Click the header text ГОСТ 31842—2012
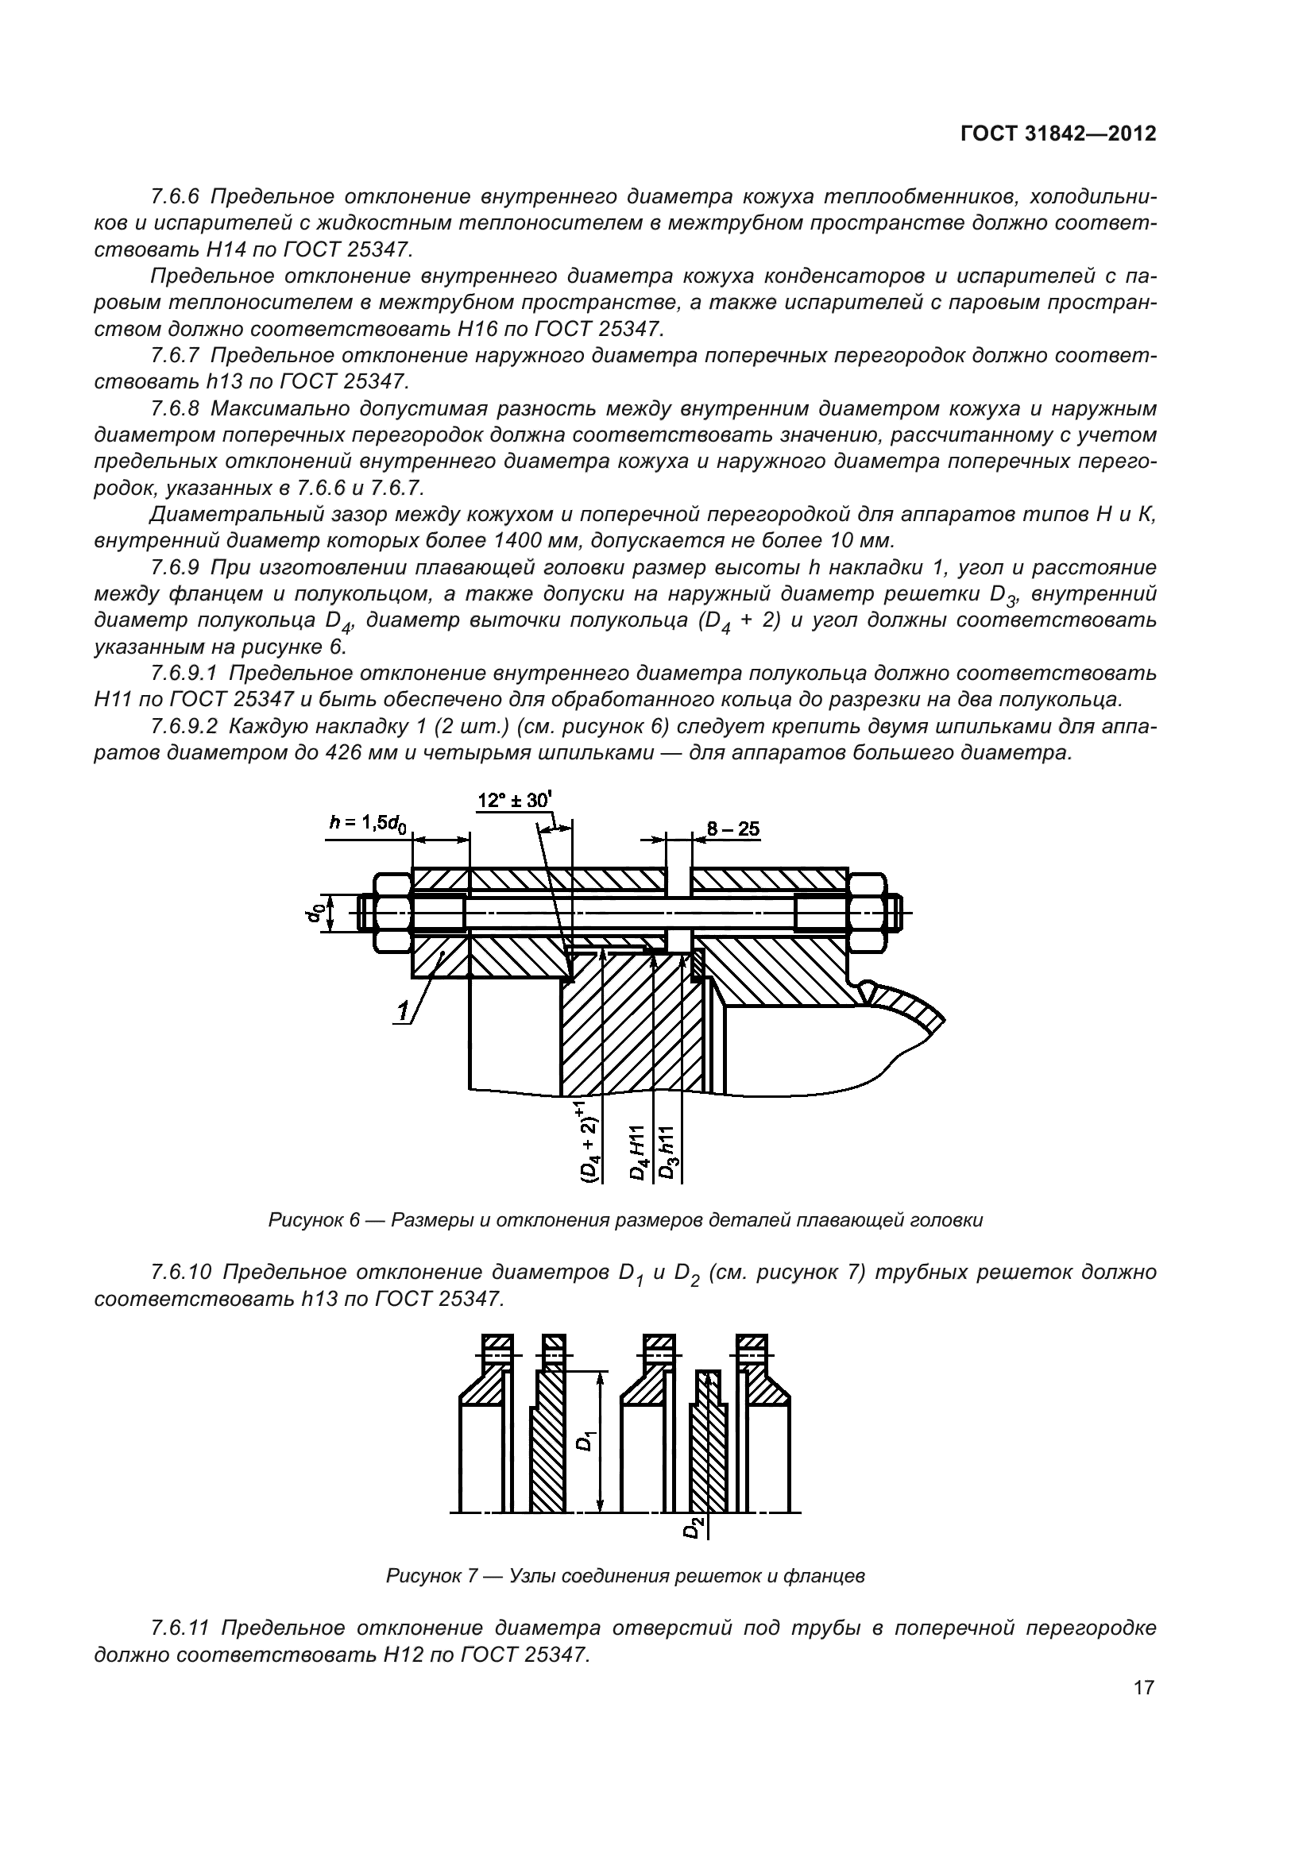click(x=1057, y=133)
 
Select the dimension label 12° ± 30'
click(x=514, y=801)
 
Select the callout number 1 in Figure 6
click(x=403, y=1010)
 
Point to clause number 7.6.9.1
click(x=185, y=674)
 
